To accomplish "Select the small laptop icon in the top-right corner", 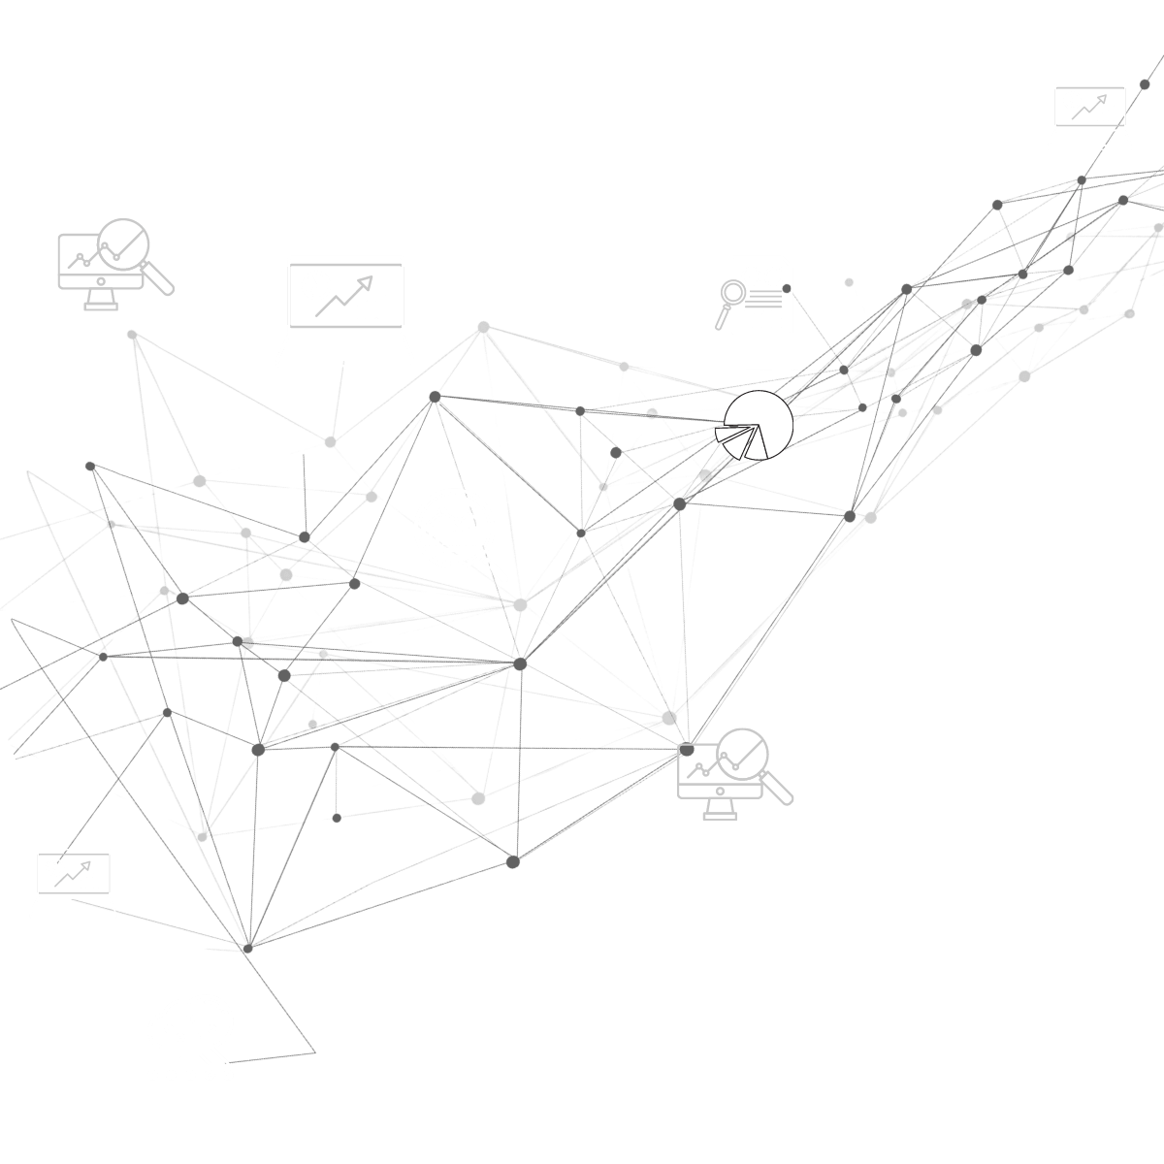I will pyautogui.click(x=1088, y=115).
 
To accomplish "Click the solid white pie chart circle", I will pyautogui.click(x=759, y=426).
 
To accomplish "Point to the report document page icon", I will pyautogui.click(x=762, y=294).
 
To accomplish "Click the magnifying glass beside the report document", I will pyautogui.click(x=729, y=296).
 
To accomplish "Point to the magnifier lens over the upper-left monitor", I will pyautogui.click(x=125, y=242).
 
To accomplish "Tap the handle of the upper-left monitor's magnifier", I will pyautogui.click(x=162, y=281).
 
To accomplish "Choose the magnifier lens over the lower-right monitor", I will pyautogui.click(x=743, y=753).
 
